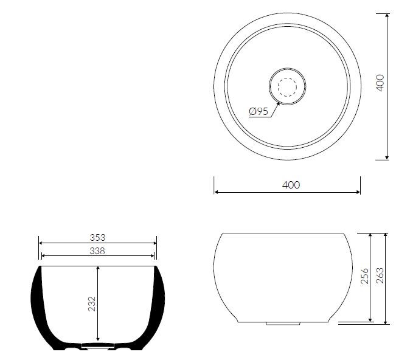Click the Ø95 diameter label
tap(259, 111)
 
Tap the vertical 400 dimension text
tap(380, 83)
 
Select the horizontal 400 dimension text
tap(291, 185)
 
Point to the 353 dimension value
tap(97, 238)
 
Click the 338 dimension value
tap(97, 251)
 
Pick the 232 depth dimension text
tap(92, 304)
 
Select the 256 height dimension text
tap(364, 276)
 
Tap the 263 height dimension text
tap(380, 275)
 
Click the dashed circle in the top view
tap(287, 87)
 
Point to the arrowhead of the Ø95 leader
tap(279, 103)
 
